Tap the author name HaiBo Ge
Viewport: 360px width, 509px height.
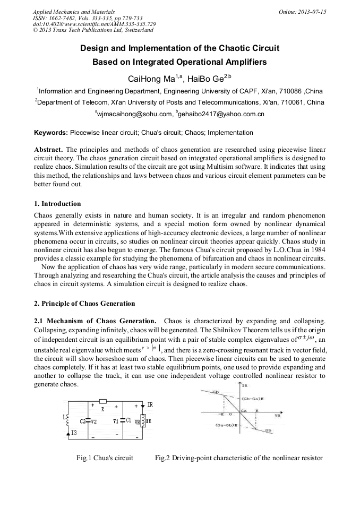208,79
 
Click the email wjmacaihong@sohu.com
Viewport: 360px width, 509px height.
135,114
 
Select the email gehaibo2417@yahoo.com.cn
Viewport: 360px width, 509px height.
221,114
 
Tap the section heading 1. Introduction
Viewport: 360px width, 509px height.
57,204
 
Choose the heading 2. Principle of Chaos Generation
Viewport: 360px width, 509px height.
84,304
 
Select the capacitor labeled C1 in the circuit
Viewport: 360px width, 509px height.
123,420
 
